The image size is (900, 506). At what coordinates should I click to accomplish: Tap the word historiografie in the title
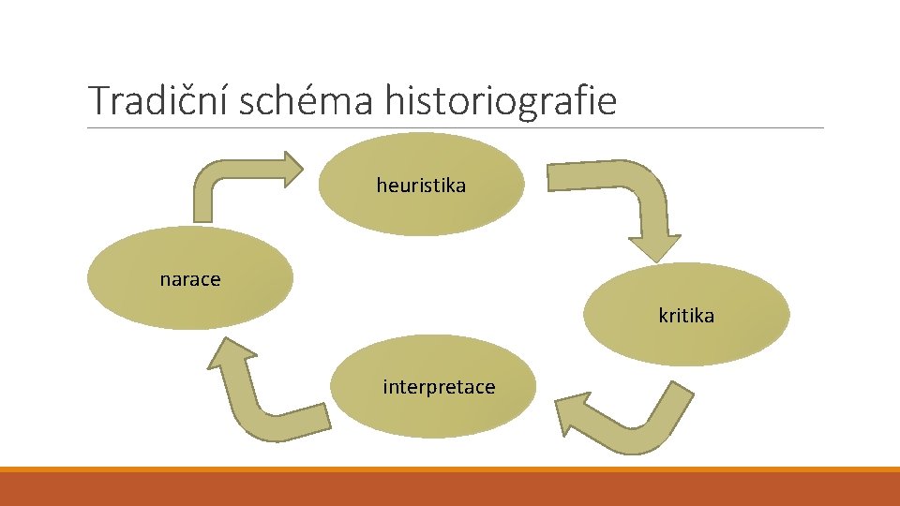click(501, 100)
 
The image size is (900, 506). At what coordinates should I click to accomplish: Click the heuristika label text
click(421, 186)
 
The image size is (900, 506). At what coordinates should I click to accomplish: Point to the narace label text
click(190, 279)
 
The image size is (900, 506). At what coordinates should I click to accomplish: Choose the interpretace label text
click(439, 387)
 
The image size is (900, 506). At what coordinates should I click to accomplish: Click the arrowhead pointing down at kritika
click(654, 246)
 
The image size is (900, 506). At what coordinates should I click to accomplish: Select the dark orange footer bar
click(450, 490)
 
